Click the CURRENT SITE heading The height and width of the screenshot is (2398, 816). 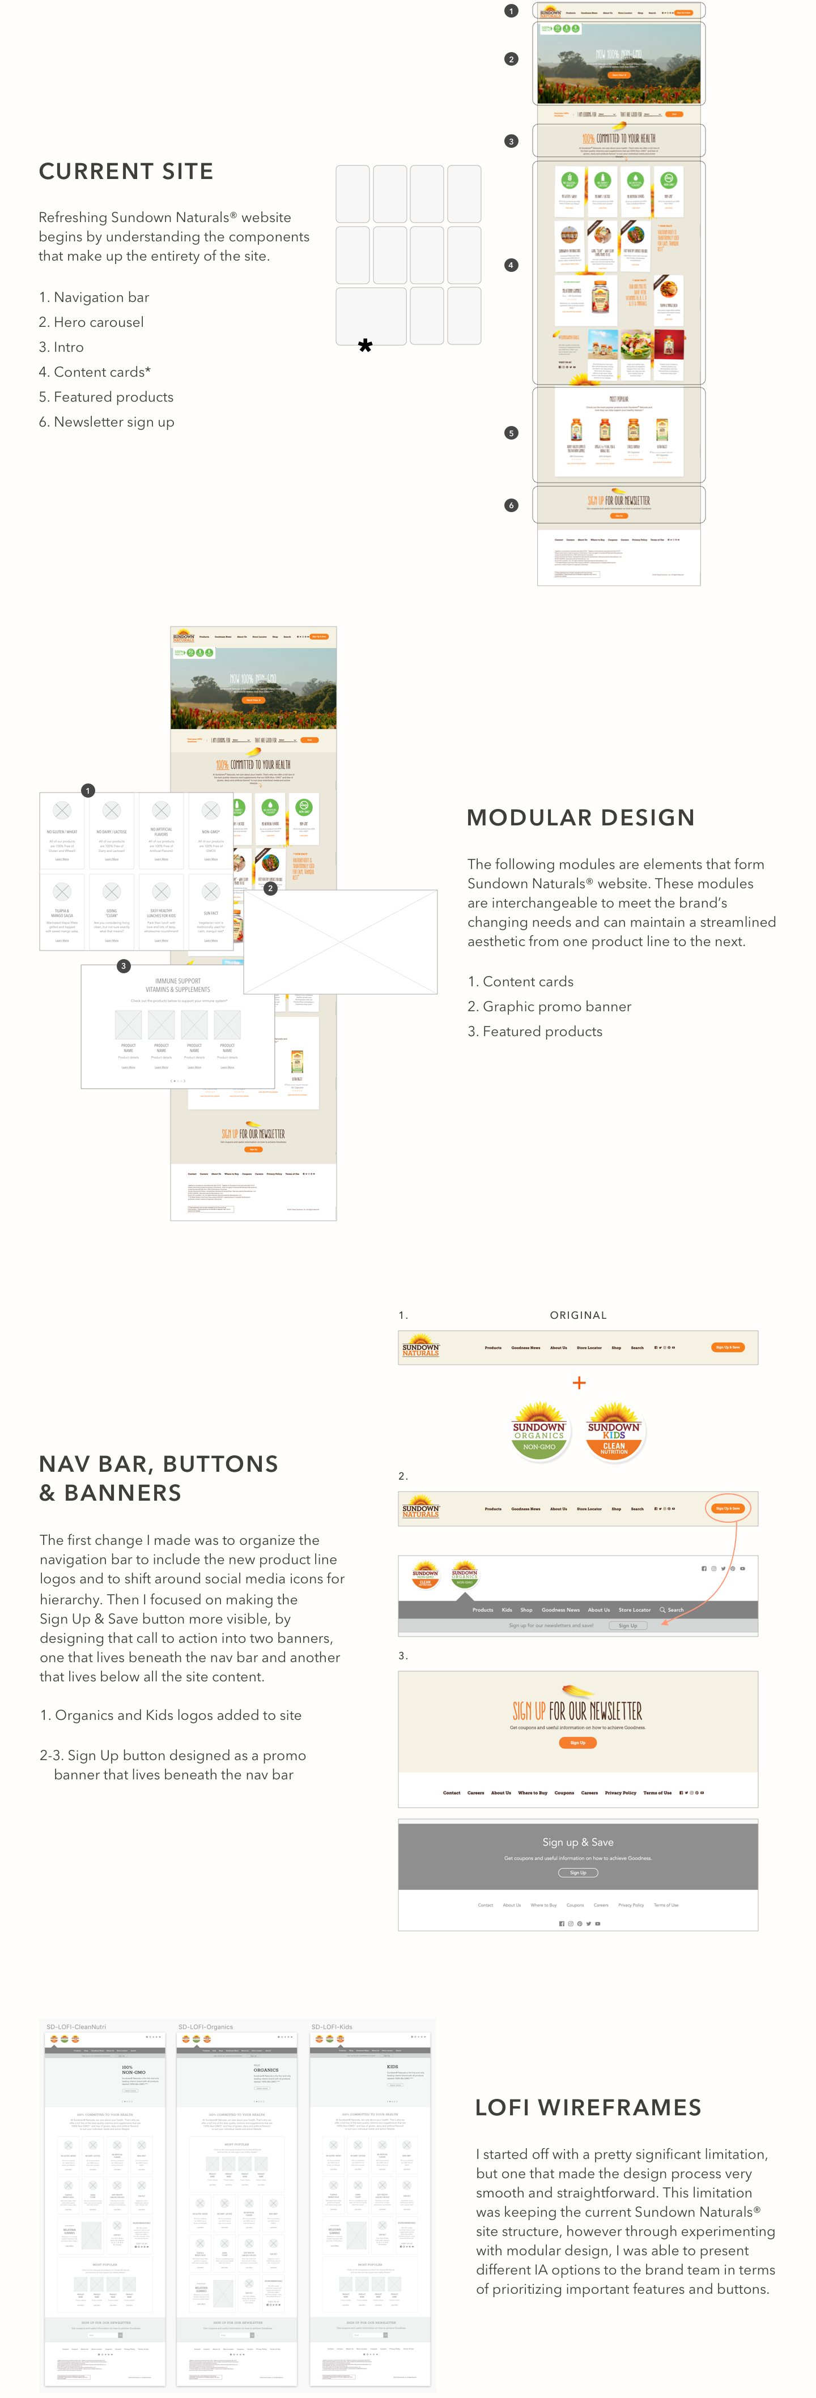(x=126, y=171)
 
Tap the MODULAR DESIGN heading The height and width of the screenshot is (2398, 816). (x=580, y=817)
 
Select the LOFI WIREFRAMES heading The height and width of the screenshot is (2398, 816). (x=588, y=2107)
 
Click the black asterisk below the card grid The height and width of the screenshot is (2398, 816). (x=365, y=346)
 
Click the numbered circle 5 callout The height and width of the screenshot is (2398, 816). (x=511, y=433)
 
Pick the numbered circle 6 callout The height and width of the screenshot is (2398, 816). (x=511, y=505)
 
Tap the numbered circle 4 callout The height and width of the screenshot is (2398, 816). (x=511, y=265)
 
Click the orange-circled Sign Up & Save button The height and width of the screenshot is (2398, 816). (x=728, y=1508)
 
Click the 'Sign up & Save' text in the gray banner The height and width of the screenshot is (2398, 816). (x=577, y=1841)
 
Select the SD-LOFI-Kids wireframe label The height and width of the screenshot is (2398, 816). (x=331, y=2026)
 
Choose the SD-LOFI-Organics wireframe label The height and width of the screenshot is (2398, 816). (x=205, y=2026)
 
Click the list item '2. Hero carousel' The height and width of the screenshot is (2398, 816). (x=91, y=322)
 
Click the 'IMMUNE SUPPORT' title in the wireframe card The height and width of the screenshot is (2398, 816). (x=177, y=981)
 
